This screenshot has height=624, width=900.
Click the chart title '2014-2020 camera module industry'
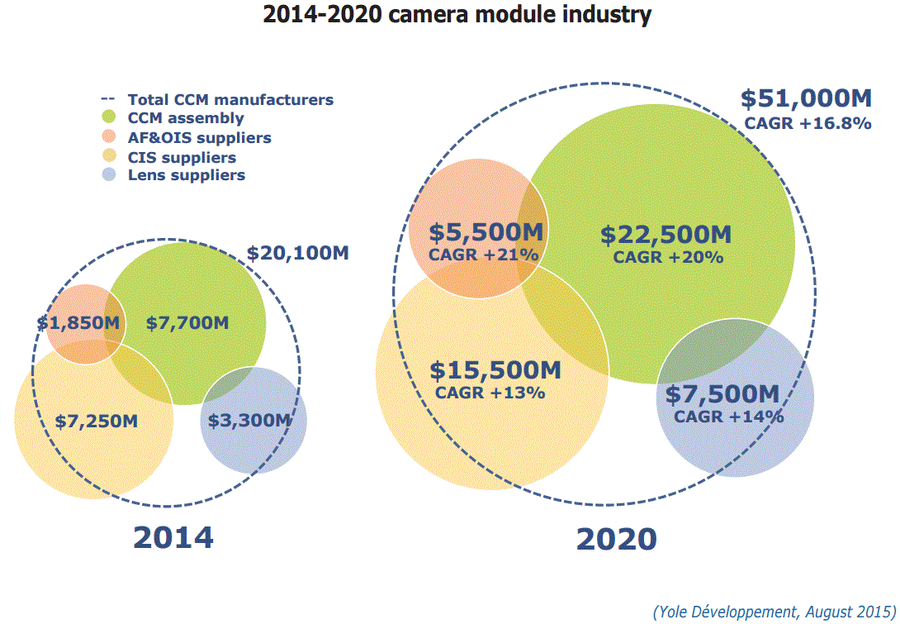(457, 14)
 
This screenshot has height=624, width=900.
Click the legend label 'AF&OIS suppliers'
(199, 138)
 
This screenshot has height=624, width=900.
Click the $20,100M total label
(297, 254)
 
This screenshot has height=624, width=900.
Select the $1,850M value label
(79, 323)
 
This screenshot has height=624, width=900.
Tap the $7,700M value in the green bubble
(187, 323)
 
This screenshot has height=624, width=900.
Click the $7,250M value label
(97, 421)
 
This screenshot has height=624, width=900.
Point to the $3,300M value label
(249, 421)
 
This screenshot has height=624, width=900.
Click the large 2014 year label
(173, 537)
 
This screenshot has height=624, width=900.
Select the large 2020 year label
(617, 539)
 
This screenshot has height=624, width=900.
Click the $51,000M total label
(806, 99)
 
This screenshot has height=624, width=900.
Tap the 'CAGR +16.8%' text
(808, 124)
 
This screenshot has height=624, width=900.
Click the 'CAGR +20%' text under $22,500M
(668, 257)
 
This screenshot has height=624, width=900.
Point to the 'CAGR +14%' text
(728, 417)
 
